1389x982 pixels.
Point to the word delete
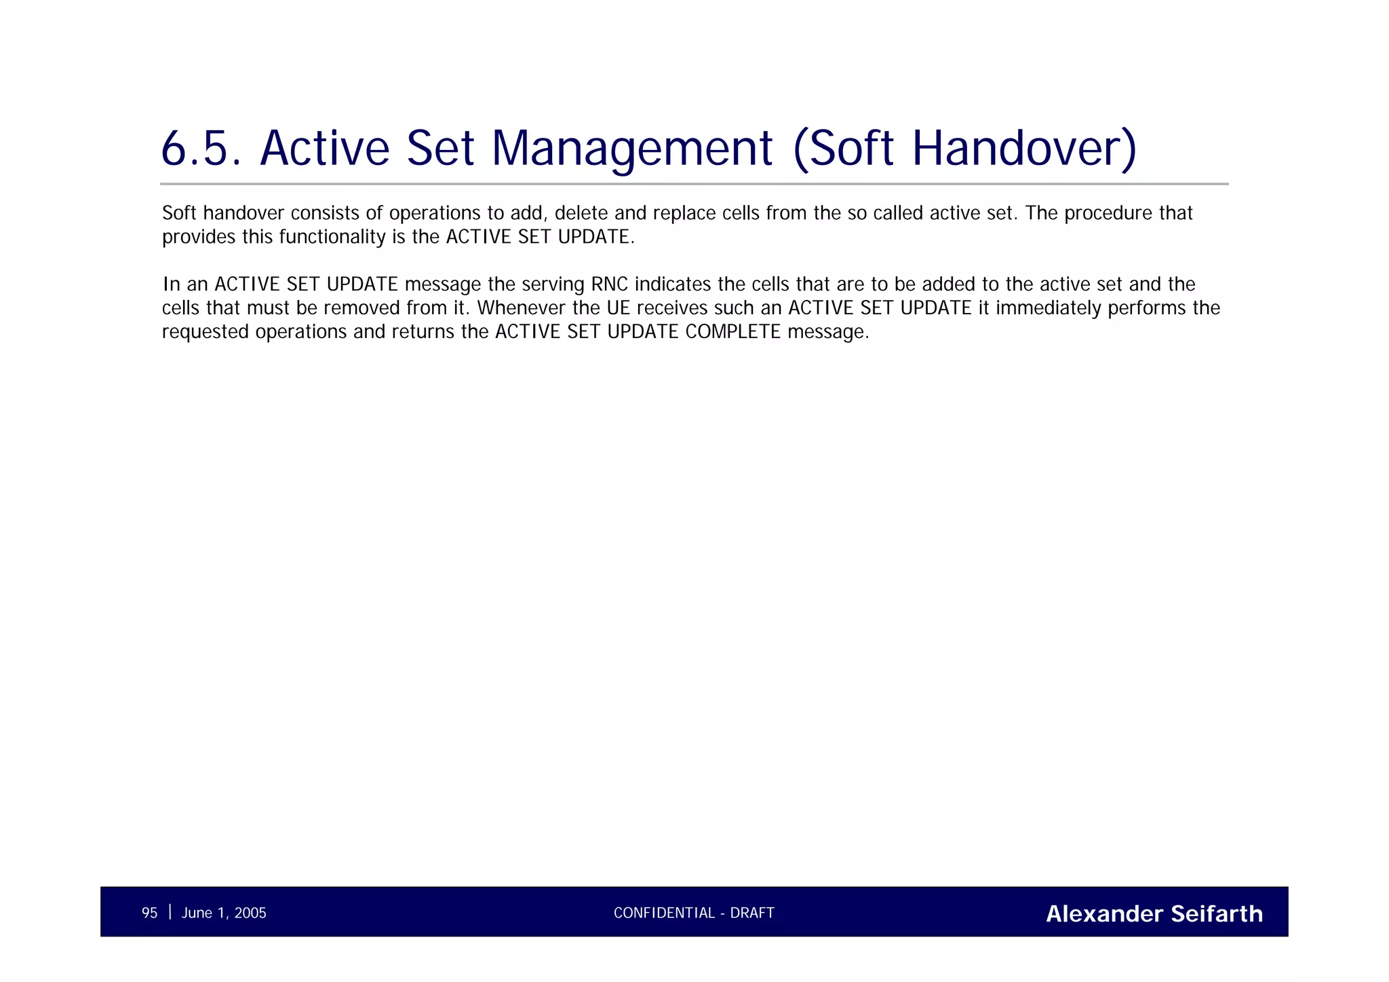(x=581, y=213)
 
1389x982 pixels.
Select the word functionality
(x=332, y=237)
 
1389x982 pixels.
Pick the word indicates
(x=673, y=284)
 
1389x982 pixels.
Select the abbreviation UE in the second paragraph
(x=619, y=308)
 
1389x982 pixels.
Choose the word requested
(x=206, y=332)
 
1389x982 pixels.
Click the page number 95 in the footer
(x=149, y=913)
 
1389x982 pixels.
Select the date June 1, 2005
(x=224, y=913)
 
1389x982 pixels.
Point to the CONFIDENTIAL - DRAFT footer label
(x=694, y=913)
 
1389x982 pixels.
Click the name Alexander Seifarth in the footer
(x=1154, y=913)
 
